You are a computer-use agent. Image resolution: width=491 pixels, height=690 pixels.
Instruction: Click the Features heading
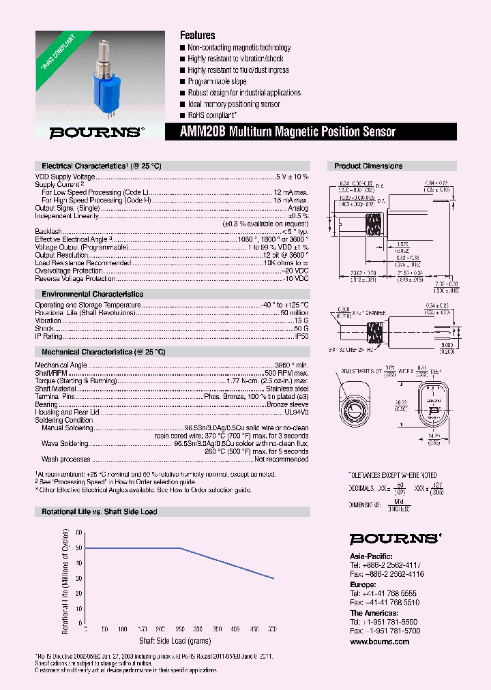(197, 35)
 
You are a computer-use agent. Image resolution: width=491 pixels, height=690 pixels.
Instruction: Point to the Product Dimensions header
(368, 166)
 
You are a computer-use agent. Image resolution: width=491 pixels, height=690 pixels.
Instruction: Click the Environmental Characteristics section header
(92, 294)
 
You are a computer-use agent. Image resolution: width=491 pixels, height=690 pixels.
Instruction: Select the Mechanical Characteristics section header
(103, 352)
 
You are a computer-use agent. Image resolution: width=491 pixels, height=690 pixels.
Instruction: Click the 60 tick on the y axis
(79, 532)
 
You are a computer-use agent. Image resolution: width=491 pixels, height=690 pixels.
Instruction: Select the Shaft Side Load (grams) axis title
(175, 641)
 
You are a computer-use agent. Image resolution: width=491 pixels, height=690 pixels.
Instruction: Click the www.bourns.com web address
(380, 642)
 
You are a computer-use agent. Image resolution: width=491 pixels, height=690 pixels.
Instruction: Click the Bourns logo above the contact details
(394, 539)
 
